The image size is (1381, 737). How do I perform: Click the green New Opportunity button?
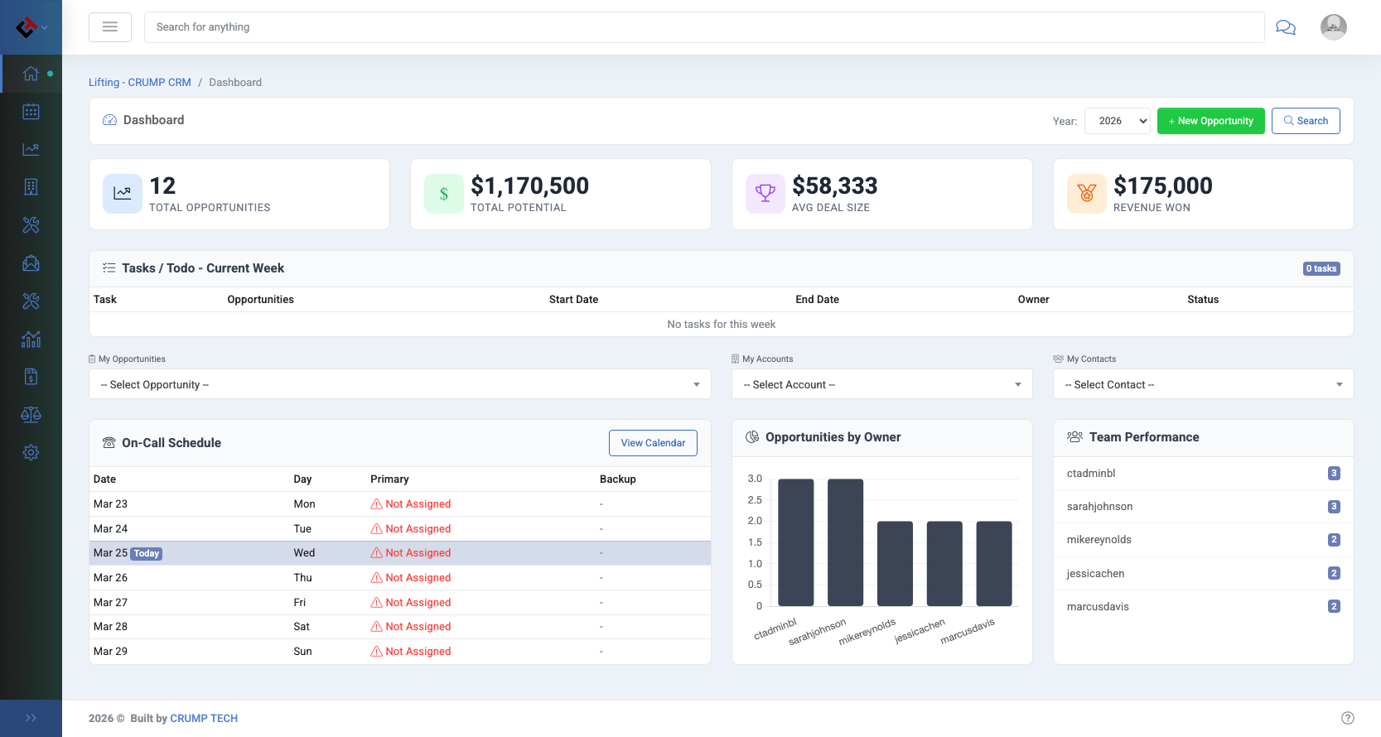1210,121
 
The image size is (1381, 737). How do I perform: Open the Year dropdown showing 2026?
1117,121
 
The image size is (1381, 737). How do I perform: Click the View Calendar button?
653,443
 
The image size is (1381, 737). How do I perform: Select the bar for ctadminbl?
795,542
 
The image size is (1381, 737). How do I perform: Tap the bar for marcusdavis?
993,563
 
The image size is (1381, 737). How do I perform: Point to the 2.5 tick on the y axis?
755,500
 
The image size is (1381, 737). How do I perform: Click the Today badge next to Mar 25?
147,554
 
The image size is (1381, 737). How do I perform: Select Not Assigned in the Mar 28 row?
418,627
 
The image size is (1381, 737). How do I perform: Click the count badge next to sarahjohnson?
1333,507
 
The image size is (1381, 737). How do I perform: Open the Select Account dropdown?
881,384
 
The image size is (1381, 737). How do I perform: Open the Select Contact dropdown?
1203,384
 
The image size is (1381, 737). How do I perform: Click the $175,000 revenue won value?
1162,185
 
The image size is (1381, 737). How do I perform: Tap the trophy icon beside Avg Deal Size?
765,194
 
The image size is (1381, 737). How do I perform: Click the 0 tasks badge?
1321,268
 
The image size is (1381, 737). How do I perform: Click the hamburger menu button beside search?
110,27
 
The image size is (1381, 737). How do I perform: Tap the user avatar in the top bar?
1333,27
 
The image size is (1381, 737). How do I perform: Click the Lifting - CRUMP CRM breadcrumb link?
140,83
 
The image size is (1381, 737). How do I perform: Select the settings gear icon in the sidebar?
31,453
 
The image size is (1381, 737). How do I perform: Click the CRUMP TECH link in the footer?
204,719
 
